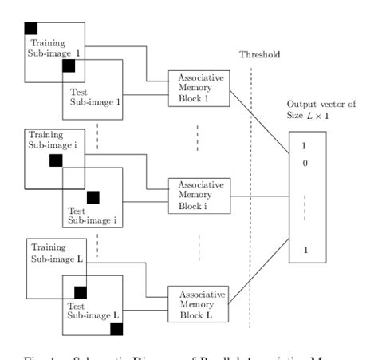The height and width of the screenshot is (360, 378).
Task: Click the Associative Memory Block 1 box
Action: [x=198, y=88]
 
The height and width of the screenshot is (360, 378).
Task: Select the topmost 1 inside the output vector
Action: [x=304, y=147]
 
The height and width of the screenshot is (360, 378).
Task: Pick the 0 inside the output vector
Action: [x=304, y=163]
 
